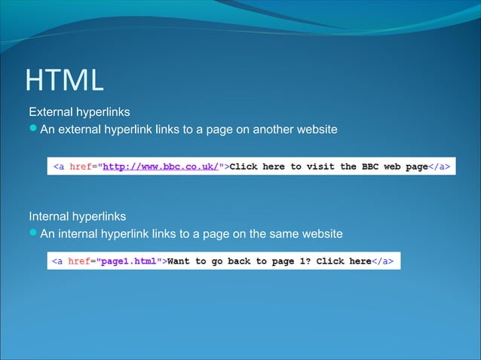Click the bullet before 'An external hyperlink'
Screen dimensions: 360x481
click(33, 130)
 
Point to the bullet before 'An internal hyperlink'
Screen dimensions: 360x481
click(33, 234)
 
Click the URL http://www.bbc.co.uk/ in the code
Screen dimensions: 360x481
click(160, 166)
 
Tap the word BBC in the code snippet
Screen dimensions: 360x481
click(369, 166)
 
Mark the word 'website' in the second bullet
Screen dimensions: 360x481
click(320, 234)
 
